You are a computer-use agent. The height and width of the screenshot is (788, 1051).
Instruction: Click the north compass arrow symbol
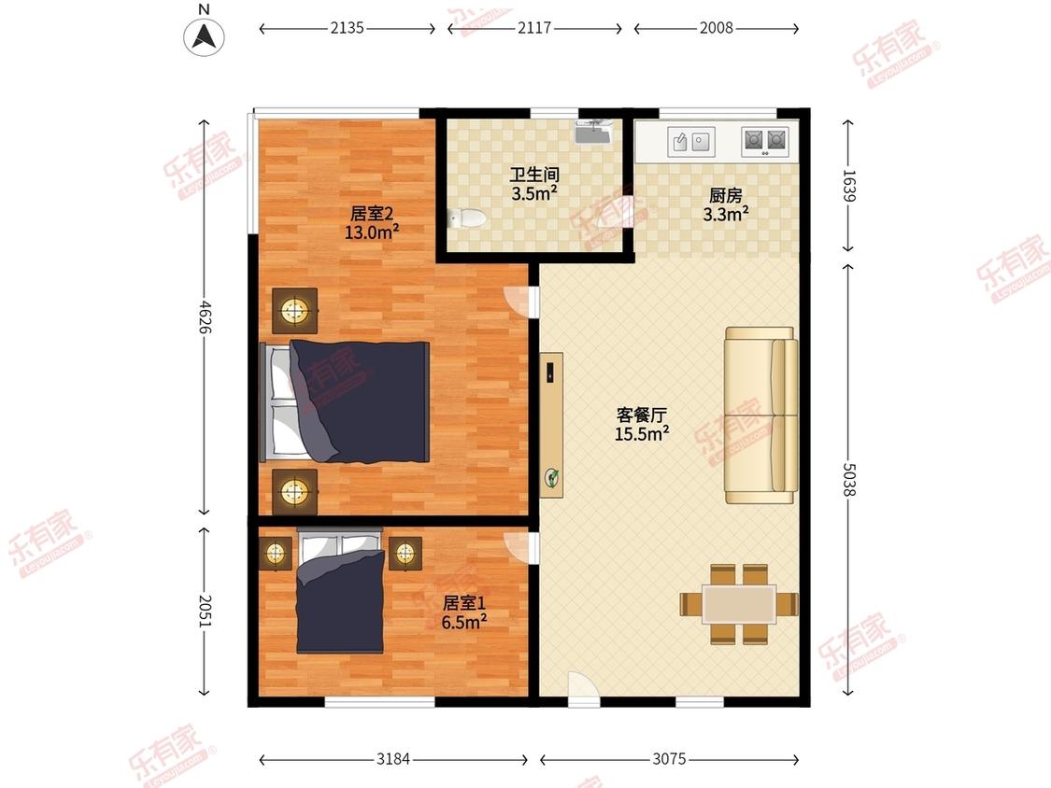click(205, 36)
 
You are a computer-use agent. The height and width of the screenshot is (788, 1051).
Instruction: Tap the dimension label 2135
click(347, 28)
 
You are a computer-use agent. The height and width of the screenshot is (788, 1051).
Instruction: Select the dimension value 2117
click(534, 28)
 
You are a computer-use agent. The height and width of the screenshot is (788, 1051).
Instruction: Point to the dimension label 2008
click(716, 28)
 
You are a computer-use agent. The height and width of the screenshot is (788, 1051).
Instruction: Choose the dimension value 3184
click(394, 759)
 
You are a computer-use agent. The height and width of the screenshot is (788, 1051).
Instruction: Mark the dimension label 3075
click(669, 759)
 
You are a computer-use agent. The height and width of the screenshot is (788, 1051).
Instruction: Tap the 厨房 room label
click(726, 196)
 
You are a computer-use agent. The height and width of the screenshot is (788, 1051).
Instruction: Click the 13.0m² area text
click(372, 232)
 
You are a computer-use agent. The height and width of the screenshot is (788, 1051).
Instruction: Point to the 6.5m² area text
click(463, 621)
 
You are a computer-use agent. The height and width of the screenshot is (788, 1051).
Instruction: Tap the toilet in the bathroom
click(466, 218)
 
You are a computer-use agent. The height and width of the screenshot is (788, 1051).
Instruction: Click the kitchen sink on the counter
click(691, 142)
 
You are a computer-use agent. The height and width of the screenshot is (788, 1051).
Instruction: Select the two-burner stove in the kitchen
click(764, 142)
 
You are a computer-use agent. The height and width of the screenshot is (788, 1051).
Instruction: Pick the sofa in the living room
click(762, 415)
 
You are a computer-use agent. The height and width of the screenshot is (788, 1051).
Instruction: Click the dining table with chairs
click(739, 604)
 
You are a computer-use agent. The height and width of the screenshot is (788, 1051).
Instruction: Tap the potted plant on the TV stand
click(553, 479)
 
